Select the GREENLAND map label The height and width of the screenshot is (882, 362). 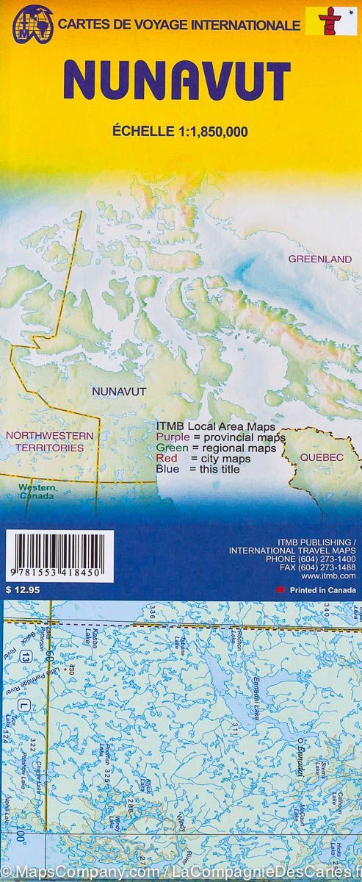pos(320,259)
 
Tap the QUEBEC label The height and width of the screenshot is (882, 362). pos(321,457)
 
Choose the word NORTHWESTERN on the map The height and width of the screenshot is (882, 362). pos(49,436)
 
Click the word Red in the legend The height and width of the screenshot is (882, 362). pos(166,459)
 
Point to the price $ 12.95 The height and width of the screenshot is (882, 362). pos(20,589)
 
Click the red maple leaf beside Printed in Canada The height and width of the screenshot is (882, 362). pos(278,589)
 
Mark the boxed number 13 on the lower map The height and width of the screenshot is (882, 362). pos(27,656)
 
